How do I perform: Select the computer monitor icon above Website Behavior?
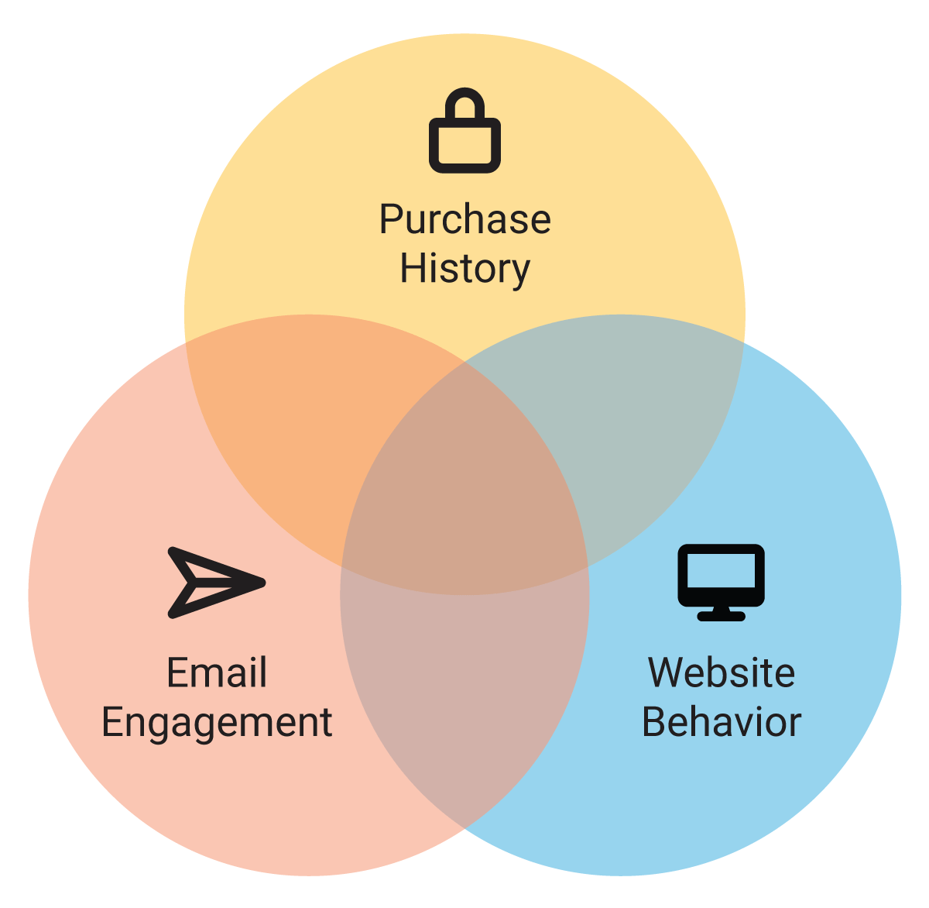721,582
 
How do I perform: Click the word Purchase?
464,220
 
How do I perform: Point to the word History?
464,269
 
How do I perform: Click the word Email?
217,672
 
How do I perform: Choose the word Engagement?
217,722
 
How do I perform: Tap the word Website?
721,672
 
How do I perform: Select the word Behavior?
721,722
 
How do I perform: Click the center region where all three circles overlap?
464,496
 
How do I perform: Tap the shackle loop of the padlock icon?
464,103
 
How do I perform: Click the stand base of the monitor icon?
721,616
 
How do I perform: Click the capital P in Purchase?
391,220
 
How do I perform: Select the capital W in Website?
667,672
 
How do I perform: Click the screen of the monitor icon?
721,573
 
